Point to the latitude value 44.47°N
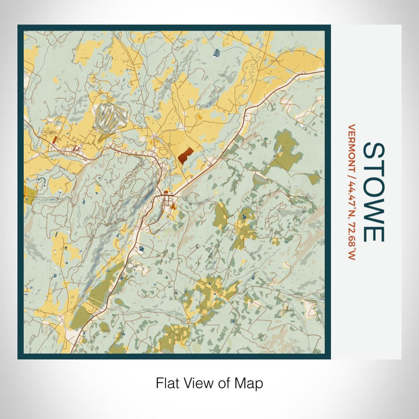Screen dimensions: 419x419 coord(352,195)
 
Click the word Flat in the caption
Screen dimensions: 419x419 coord(168,383)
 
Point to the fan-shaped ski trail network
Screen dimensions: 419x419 coord(110,116)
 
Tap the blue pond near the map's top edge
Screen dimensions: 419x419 coord(216,53)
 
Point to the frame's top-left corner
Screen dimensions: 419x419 coord(20,27)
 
